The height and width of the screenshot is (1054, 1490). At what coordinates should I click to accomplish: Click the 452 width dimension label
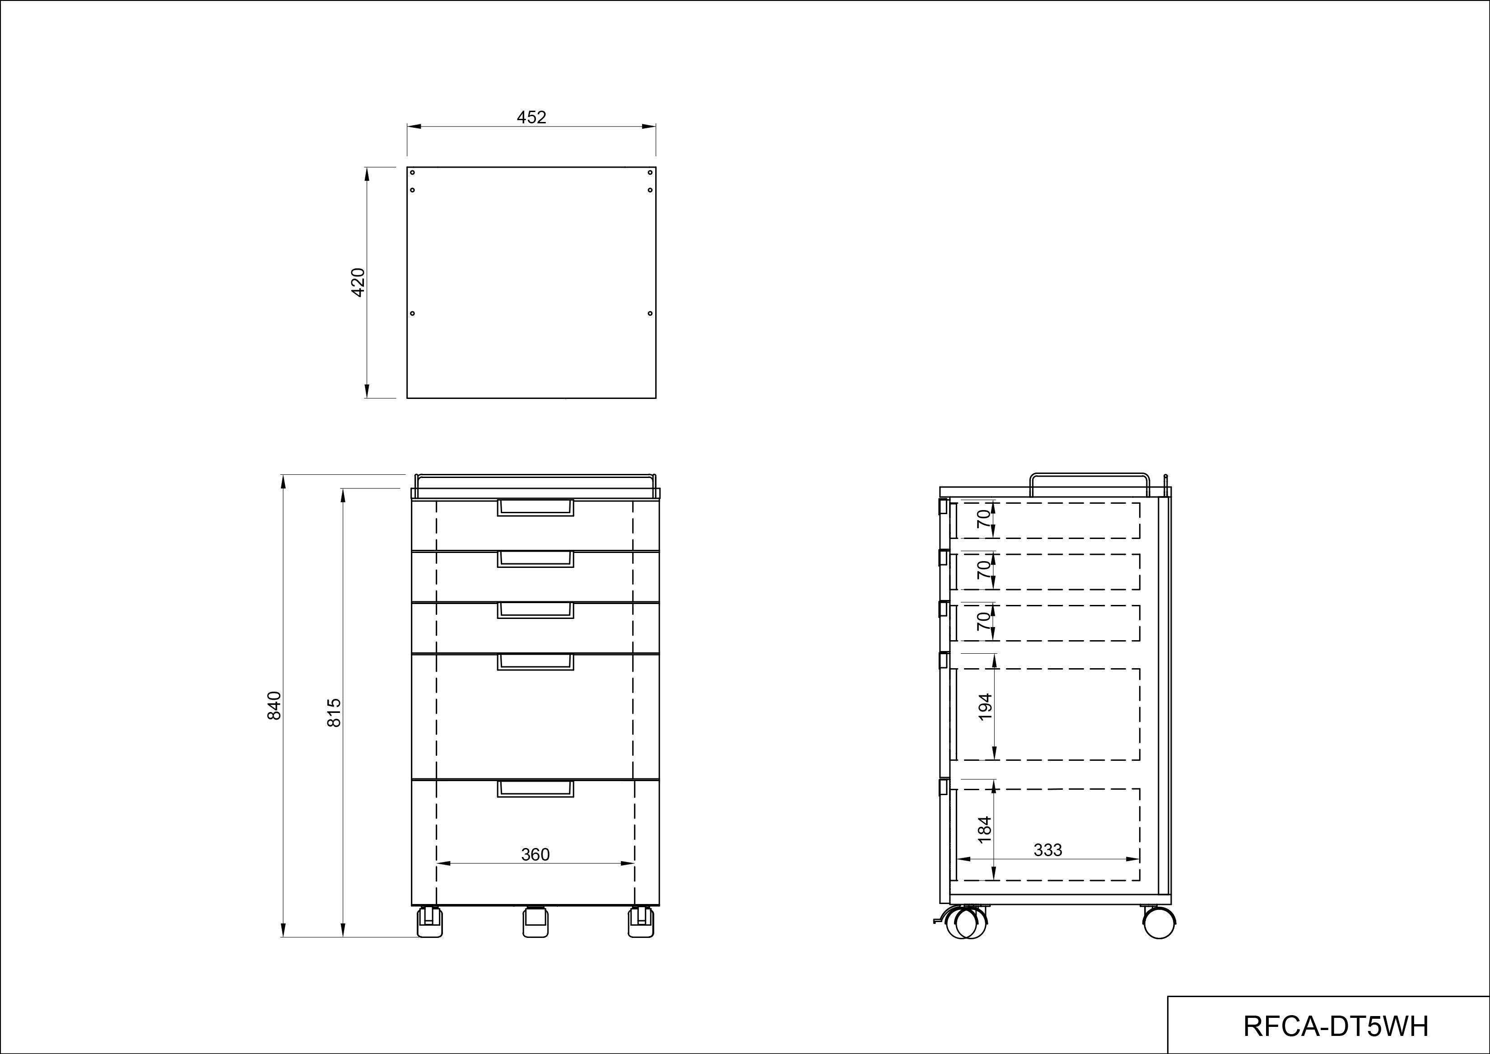pyautogui.click(x=531, y=117)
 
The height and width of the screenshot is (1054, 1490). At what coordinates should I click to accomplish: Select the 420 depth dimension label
pyautogui.click(x=358, y=282)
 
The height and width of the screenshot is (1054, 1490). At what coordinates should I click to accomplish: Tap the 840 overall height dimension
pyautogui.click(x=275, y=706)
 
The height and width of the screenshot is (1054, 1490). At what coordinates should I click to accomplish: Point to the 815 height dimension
pyautogui.click(x=334, y=712)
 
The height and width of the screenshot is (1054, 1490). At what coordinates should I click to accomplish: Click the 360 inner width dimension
pyautogui.click(x=535, y=855)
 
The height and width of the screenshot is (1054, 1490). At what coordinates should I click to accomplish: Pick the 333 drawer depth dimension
pyautogui.click(x=1048, y=850)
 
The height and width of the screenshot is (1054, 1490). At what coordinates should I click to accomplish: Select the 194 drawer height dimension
pyautogui.click(x=985, y=707)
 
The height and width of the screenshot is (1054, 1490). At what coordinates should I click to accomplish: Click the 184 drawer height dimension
pyautogui.click(x=985, y=829)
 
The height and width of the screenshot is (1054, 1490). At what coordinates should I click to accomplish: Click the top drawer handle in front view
pyautogui.click(x=535, y=507)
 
